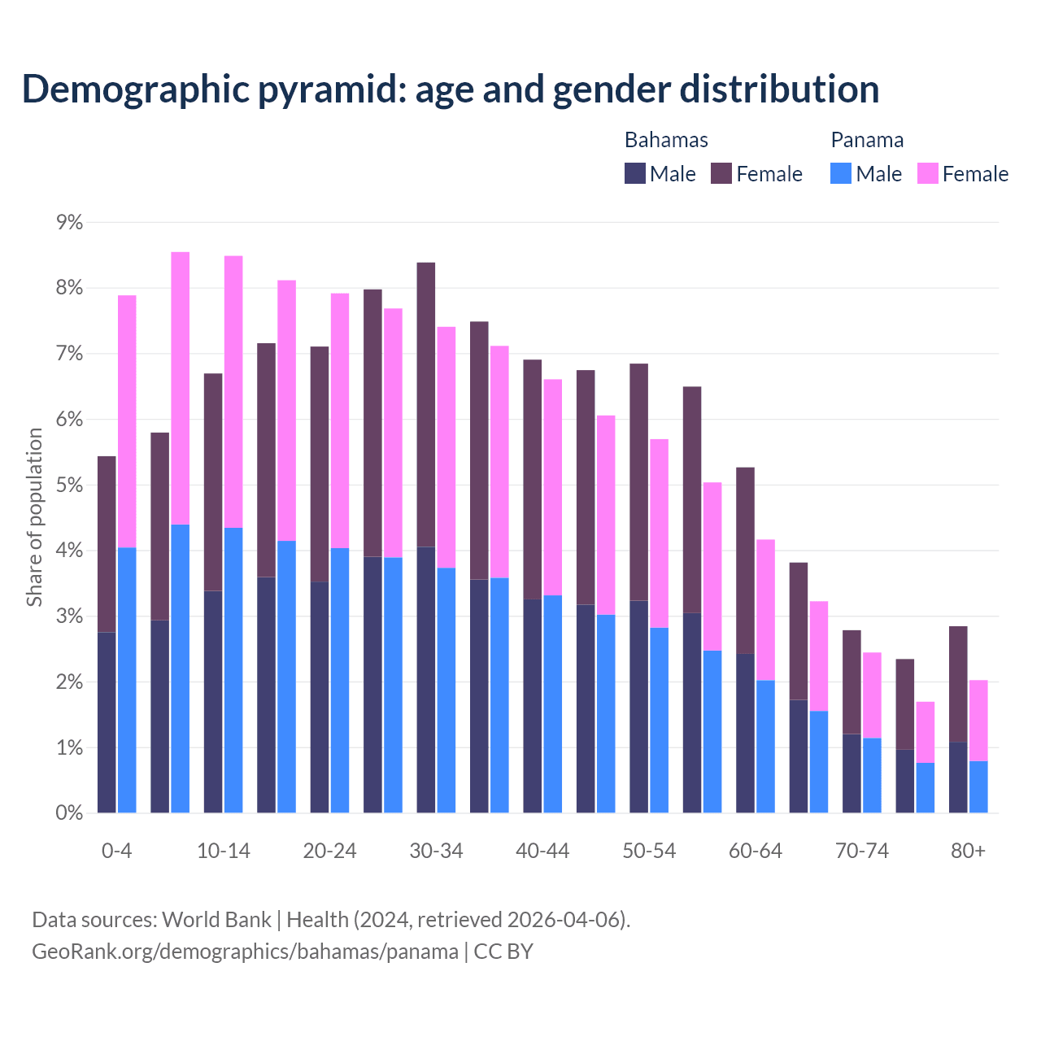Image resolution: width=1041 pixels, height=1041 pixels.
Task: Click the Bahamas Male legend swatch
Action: click(x=635, y=173)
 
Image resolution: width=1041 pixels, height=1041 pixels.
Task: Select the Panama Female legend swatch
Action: click(x=928, y=173)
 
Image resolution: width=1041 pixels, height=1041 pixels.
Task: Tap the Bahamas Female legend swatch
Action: click(x=721, y=173)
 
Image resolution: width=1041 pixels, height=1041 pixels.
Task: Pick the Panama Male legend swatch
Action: click(x=841, y=173)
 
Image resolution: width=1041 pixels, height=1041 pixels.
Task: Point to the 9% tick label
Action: click(x=70, y=222)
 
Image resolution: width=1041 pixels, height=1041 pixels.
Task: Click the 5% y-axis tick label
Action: click(x=70, y=485)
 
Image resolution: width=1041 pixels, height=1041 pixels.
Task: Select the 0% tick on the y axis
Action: click(x=70, y=812)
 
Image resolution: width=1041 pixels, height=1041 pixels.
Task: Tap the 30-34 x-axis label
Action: click(x=436, y=851)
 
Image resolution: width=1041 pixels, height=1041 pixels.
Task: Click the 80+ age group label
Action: click(x=968, y=851)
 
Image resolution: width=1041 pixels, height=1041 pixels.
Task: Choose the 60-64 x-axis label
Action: click(x=755, y=851)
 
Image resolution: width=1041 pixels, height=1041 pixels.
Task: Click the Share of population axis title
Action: click(x=34, y=517)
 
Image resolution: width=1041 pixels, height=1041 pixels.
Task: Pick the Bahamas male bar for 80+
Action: click(x=958, y=777)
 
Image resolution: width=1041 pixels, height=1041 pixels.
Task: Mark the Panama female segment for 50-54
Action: click(x=659, y=533)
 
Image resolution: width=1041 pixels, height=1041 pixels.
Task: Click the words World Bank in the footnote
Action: click(x=216, y=920)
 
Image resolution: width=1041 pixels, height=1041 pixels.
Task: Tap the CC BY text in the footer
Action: click(x=503, y=952)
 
